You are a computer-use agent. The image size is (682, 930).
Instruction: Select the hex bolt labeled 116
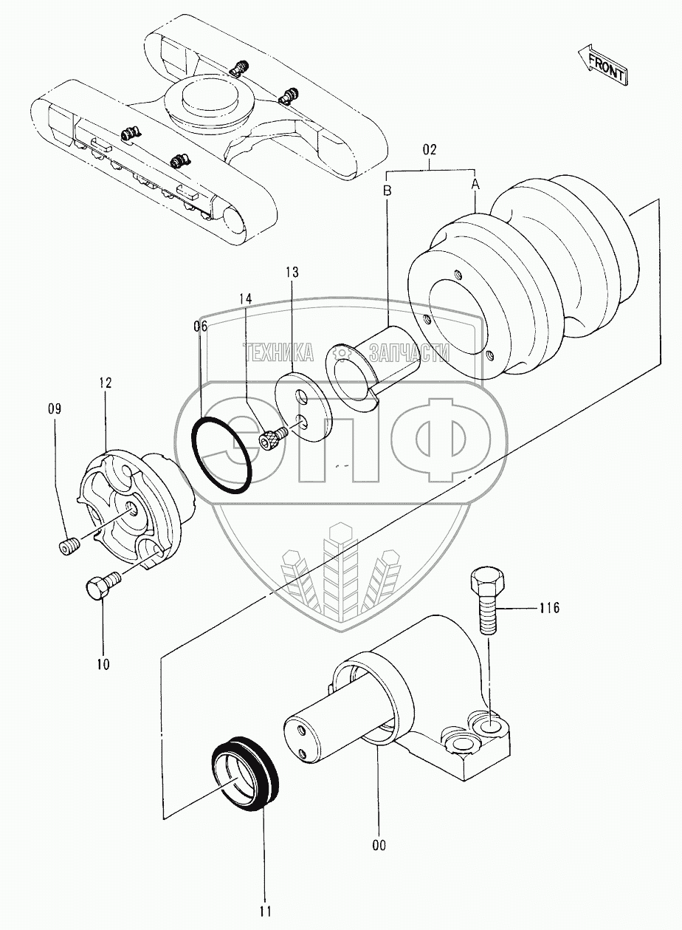point(486,598)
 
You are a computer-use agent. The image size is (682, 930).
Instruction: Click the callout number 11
point(266,911)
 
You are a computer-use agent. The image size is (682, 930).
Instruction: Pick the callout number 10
point(103,664)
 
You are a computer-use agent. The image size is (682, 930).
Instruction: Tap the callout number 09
point(55,407)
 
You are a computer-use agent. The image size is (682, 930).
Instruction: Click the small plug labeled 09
point(69,548)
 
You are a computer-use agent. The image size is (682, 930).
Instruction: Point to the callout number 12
point(104,383)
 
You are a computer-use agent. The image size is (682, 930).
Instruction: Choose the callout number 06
point(201,326)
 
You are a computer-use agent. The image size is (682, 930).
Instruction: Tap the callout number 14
point(245,298)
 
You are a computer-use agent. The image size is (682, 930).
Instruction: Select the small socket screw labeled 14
point(271,440)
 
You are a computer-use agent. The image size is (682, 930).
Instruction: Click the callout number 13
point(292,273)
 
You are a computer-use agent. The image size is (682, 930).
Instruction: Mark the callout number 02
point(430,149)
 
